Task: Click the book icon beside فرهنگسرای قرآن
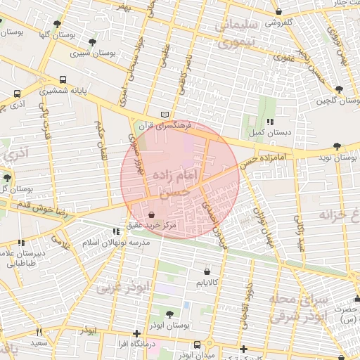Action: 165,114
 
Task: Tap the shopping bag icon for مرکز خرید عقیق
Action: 152,214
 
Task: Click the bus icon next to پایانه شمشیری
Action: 63,80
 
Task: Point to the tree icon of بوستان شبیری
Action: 92,42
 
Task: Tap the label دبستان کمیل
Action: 265,131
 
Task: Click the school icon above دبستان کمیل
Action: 269,122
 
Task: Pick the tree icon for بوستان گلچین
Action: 339,90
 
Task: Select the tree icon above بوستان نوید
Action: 337,146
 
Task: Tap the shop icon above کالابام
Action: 207,271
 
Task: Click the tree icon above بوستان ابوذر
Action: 169,313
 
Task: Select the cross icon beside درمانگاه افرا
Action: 137,333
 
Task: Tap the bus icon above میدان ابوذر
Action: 198,345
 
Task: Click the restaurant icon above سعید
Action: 37,332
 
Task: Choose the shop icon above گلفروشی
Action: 279,12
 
